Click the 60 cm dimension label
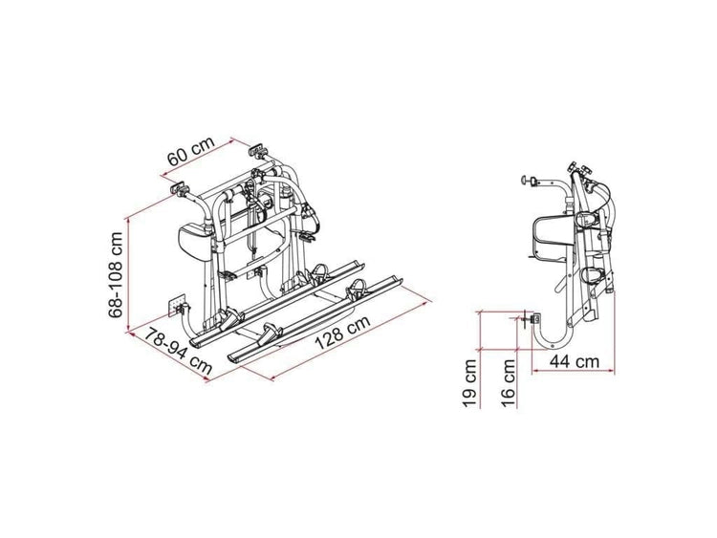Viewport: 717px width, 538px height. pyautogui.click(x=190, y=151)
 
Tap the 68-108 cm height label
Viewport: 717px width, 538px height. pyautogui.click(x=116, y=275)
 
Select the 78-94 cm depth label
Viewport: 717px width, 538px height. pyautogui.click(x=179, y=352)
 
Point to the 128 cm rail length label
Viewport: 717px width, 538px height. pyautogui.click(x=343, y=333)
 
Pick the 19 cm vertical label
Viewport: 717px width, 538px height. pyautogui.click(x=469, y=383)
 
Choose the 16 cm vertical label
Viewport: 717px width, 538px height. pyautogui.click(x=508, y=383)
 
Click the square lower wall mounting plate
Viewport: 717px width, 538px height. pyautogui.click(x=176, y=305)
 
